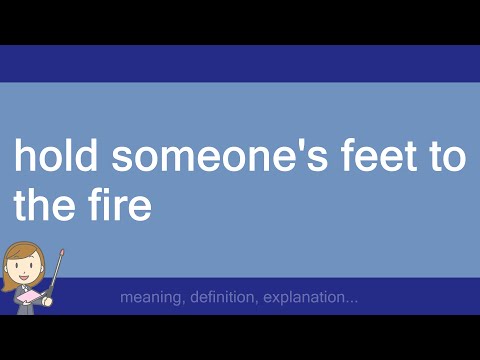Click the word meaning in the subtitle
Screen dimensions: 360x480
(x=147, y=298)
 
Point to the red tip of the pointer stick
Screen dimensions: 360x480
(x=62, y=253)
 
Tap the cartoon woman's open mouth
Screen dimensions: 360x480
(x=22, y=277)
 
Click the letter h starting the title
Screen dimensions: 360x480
(x=23, y=157)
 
